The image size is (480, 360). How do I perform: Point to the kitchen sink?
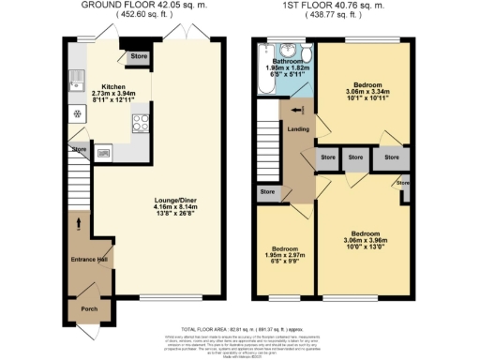[74, 87]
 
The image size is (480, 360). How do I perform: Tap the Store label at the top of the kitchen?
[139, 57]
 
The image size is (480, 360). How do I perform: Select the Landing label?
[298, 128]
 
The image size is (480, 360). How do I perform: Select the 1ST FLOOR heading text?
[333, 6]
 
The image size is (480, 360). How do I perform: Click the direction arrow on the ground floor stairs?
[79, 223]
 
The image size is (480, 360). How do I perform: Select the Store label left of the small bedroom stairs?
[268, 192]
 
